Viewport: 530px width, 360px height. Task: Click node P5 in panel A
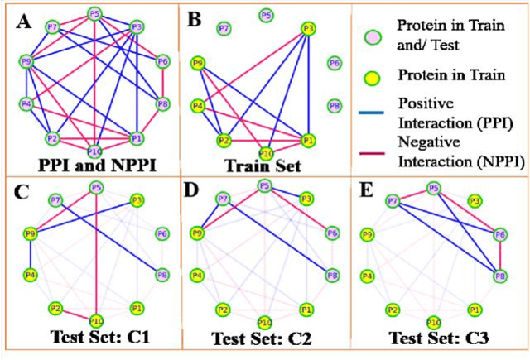click(x=94, y=14)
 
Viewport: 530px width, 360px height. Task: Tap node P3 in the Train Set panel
click(x=308, y=28)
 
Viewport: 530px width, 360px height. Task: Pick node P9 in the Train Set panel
click(x=197, y=62)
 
